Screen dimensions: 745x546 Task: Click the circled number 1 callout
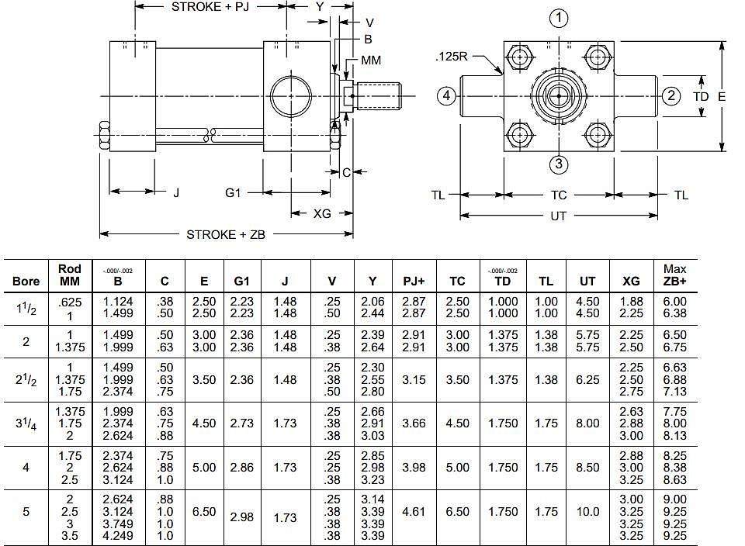[559, 19]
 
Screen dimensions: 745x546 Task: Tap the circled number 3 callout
[559, 164]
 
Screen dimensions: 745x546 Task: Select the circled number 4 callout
[446, 96]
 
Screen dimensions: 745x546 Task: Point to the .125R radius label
[452, 57]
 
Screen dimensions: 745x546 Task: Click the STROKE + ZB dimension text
[226, 234]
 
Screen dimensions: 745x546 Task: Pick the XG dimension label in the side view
[322, 213]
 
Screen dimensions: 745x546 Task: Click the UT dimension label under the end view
[558, 216]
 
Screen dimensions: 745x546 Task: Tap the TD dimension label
[701, 97]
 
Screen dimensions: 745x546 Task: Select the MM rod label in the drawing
[371, 60]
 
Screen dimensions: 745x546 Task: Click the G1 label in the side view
[233, 193]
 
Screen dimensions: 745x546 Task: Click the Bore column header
[26, 281]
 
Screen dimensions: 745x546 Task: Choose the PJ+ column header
[414, 281]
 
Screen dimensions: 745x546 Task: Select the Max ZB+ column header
[674, 275]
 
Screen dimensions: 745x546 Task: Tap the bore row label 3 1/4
[26, 423]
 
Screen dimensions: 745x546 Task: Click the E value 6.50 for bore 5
[204, 512]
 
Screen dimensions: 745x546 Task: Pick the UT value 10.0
[587, 512]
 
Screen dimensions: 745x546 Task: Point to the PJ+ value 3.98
[414, 468]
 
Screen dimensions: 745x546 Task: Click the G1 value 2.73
[242, 423]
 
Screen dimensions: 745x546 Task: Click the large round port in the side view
[291, 95]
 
